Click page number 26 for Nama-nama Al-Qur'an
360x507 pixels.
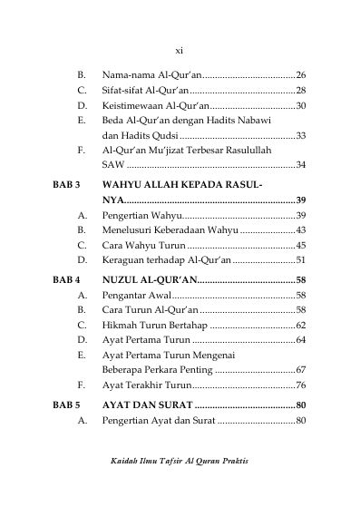301,74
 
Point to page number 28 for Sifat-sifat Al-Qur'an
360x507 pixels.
301,91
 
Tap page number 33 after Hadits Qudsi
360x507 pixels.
301,136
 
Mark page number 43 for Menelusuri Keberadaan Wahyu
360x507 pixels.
301,230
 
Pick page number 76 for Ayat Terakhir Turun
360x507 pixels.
301,385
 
